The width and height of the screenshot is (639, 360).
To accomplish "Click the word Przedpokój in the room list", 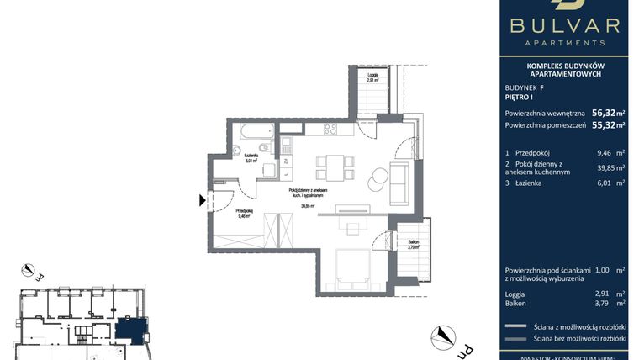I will tap(529, 152).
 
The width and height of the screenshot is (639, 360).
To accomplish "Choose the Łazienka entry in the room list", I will tap(526, 183).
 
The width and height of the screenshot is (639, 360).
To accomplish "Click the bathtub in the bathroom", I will tap(254, 131).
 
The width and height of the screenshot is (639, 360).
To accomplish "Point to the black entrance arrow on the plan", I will tap(201, 200).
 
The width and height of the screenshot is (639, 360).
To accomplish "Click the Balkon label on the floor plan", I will tap(413, 241).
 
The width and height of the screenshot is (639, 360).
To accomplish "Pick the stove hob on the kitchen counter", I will tap(330, 130).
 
